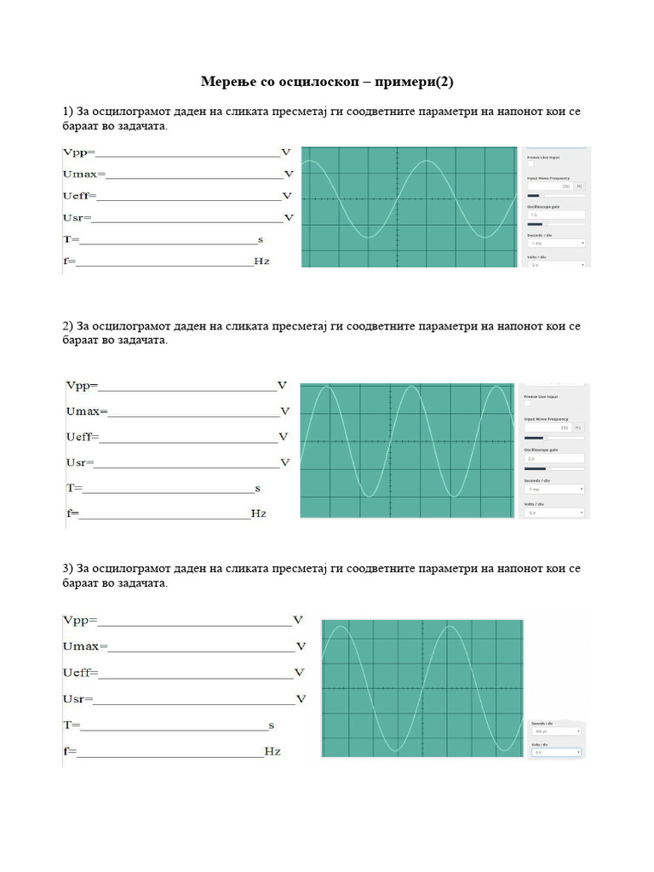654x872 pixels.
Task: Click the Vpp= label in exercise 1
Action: click(79, 153)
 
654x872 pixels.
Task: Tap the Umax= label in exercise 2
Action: click(86, 411)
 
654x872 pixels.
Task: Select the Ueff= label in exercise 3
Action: click(81, 673)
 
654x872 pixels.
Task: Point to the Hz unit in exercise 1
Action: click(261, 261)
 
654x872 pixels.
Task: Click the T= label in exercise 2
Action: click(74, 489)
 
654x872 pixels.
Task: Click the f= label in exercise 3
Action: click(70, 752)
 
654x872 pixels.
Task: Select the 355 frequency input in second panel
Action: click(549, 427)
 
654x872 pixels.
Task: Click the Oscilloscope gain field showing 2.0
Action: click(554, 458)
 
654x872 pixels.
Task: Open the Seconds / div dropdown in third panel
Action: click(556, 731)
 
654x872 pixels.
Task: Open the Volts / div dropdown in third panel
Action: click(556, 752)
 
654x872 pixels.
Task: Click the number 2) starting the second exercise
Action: click(68, 326)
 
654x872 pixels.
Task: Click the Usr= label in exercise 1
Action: click(77, 218)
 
